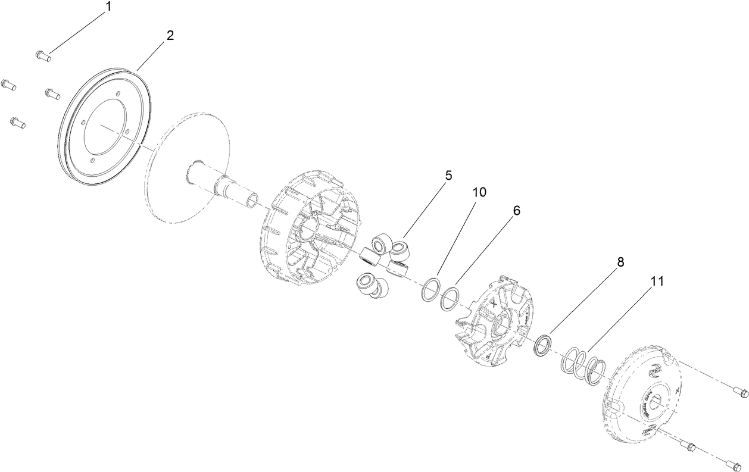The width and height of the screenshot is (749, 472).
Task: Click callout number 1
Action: point(108,7)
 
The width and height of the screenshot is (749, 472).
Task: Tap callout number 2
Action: point(170,36)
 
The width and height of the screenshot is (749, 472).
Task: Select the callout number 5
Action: point(448,176)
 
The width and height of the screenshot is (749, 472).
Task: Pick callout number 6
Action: point(516,211)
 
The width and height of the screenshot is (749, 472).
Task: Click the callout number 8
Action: point(620,262)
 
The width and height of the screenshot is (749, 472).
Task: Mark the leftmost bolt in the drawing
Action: point(8,85)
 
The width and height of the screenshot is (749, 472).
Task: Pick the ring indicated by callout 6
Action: point(450,298)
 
